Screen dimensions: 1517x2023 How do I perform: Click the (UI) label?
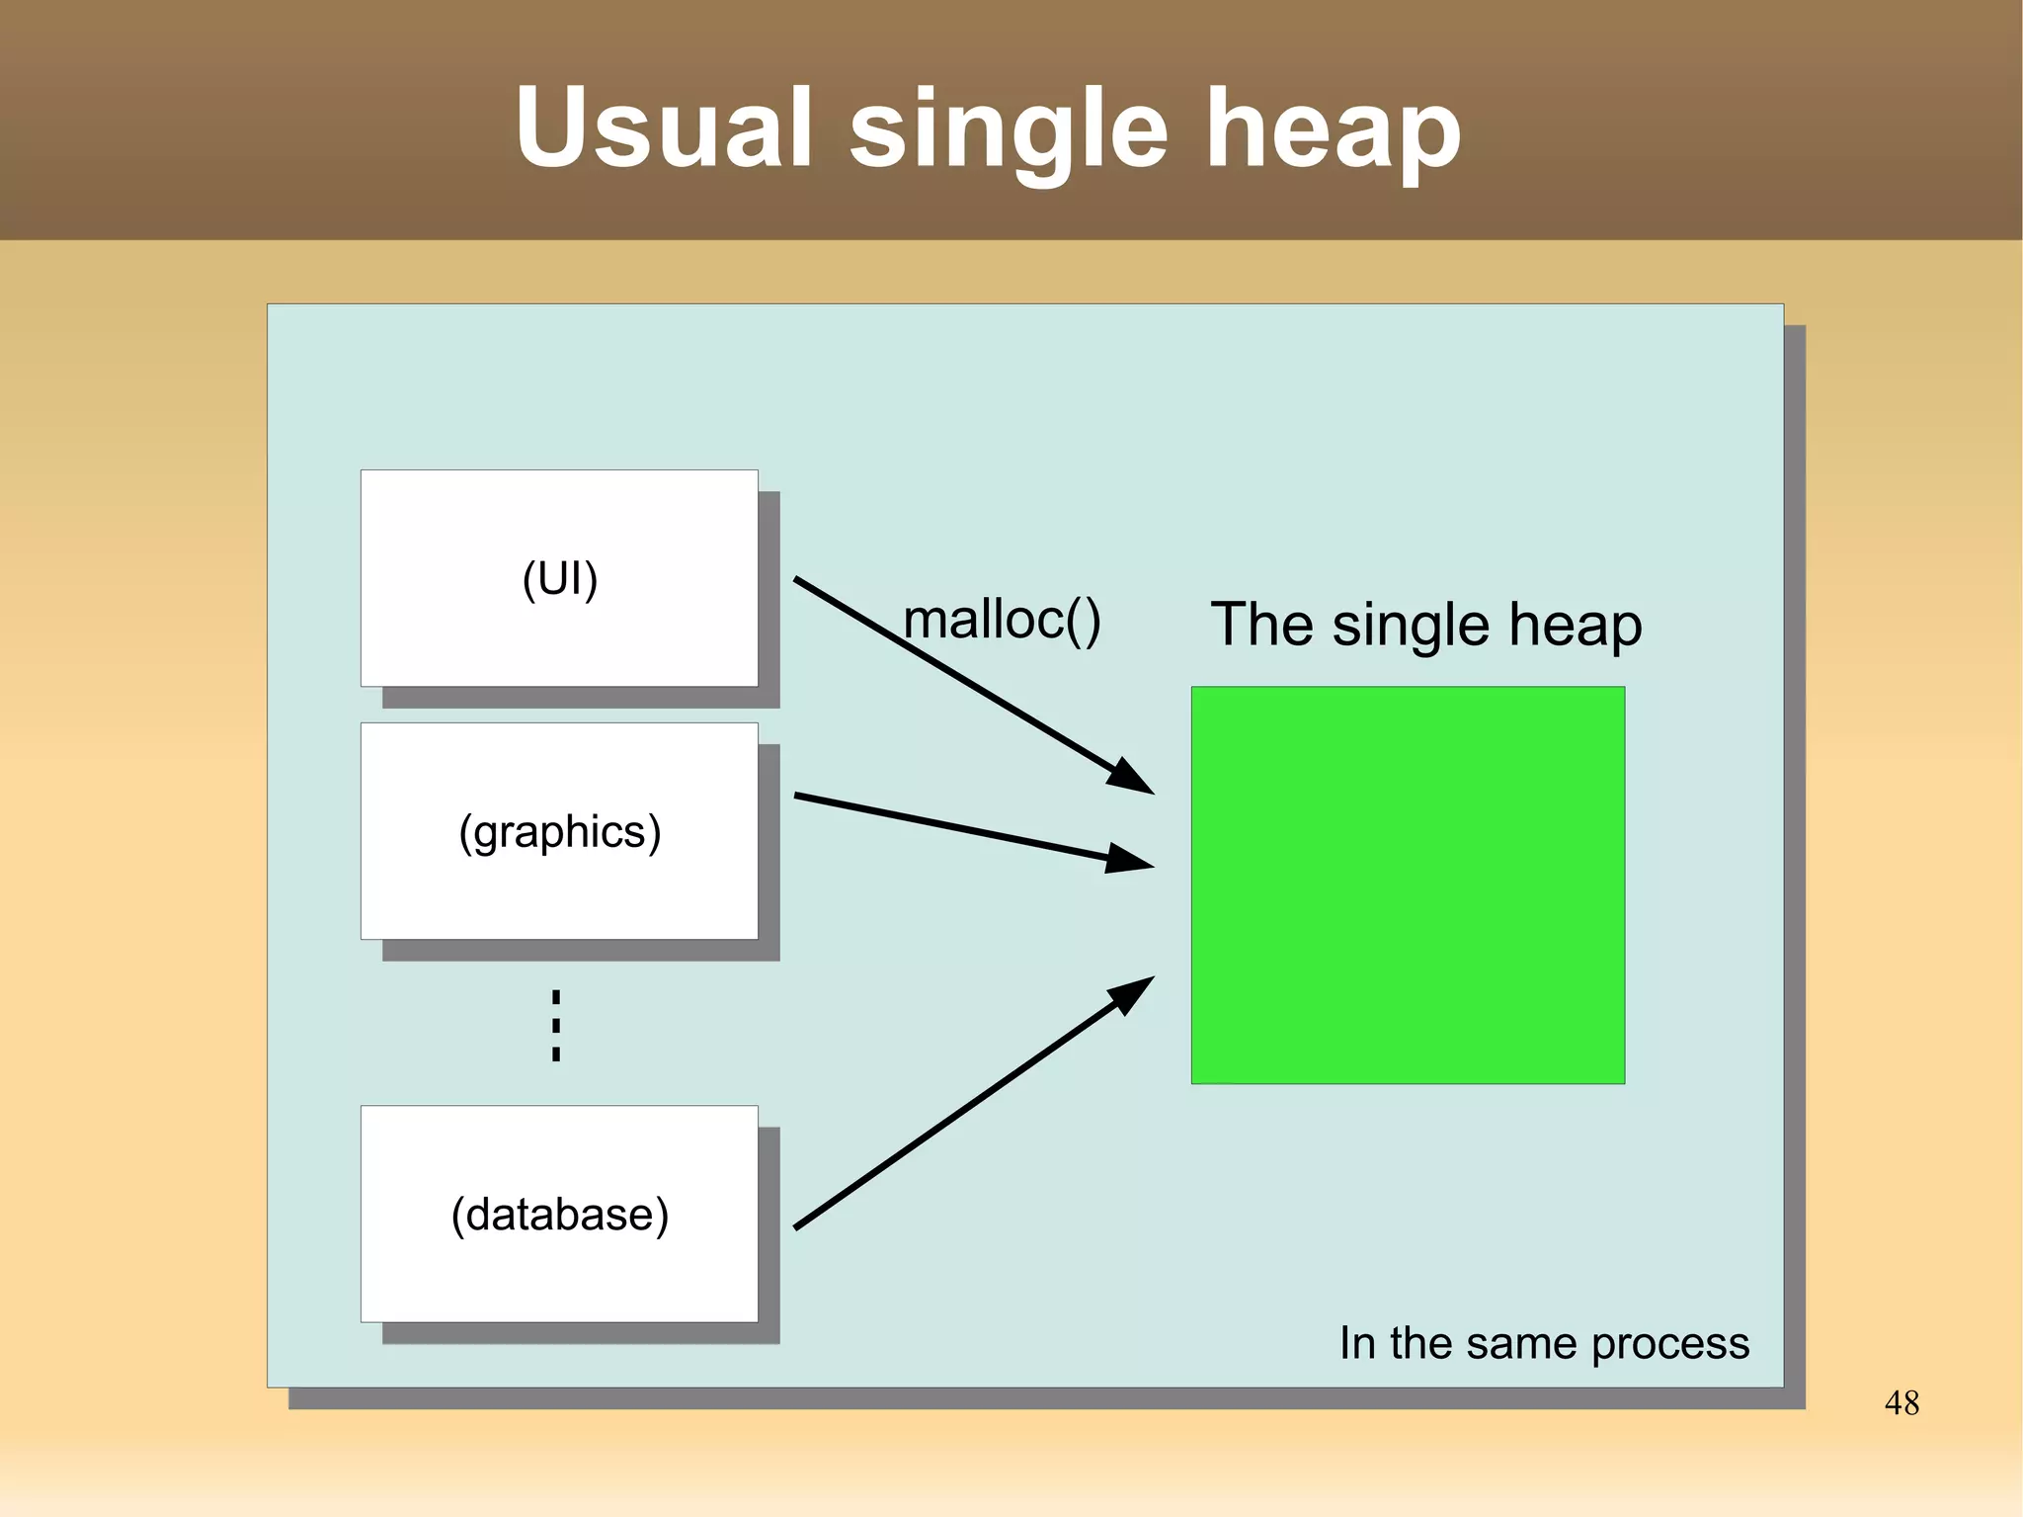click(x=560, y=579)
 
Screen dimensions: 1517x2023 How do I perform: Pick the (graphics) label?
click(x=560, y=832)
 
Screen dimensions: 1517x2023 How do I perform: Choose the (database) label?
click(x=560, y=1215)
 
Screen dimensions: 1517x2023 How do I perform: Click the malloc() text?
click(x=1002, y=621)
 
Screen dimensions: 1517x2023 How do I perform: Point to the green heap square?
click(x=1408, y=885)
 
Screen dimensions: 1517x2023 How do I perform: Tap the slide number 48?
click(x=1902, y=1402)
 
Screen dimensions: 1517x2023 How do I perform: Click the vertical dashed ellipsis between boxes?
click(x=556, y=1026)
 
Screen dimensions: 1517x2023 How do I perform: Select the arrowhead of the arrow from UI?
click(x=1132, y=777)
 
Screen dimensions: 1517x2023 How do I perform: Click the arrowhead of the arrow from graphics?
click(x=1130, y=859)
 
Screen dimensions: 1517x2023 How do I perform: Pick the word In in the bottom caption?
click(x=1357, y=1344)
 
